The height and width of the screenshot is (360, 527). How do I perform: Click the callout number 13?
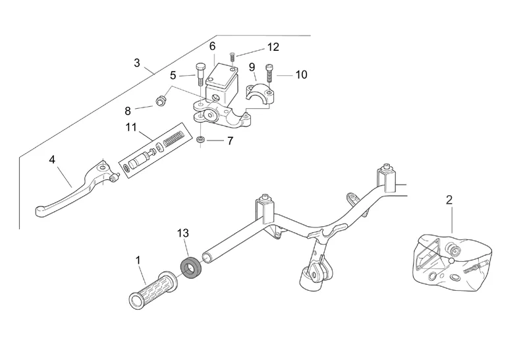tap(183, 233)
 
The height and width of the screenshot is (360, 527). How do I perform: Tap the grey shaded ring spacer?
tap(190, 268)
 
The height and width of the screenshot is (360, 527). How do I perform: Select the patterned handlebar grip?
tap(153, 290)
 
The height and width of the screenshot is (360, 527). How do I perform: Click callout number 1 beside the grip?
tap(138, 260)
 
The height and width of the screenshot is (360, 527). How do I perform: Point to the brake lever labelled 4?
tap(77, 190)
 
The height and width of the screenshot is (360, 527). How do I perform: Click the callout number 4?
tap(52, 160)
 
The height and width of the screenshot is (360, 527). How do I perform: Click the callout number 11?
tap(131, 127)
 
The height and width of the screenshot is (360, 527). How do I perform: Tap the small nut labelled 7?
tap(201, 140)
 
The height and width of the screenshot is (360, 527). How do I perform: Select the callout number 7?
tap(230, 140)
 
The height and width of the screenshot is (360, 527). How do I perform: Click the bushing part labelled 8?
tap(161, 100)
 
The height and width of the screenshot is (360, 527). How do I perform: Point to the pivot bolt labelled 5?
tap(199, 74)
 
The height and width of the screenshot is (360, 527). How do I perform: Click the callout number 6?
tap(212, 46)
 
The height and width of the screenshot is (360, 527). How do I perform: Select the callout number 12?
tap(273, 47)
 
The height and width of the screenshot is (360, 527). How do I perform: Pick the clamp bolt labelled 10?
tap(269, 73)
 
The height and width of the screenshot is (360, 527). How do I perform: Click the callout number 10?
tap(301, 75)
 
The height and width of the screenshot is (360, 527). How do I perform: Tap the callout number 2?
tap(449, 200)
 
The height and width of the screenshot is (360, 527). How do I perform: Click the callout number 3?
tap(137, 63)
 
